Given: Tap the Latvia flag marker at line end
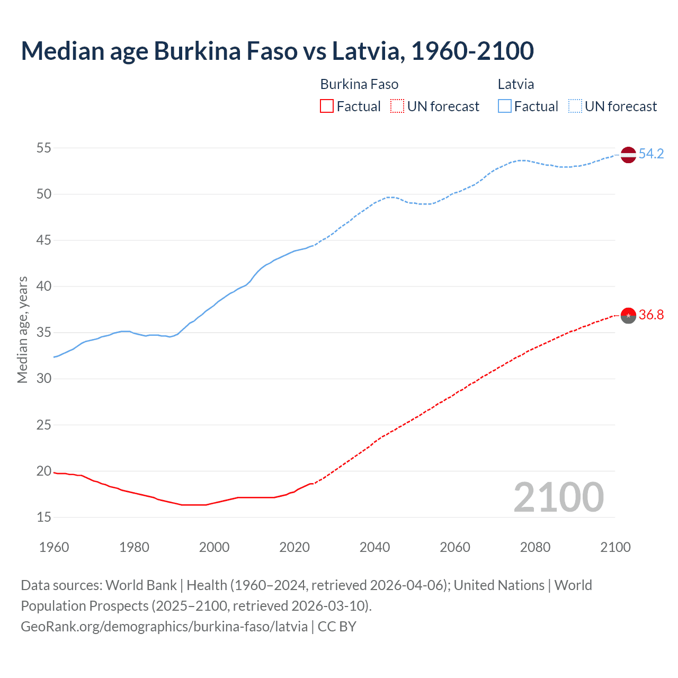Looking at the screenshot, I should pos(628,154).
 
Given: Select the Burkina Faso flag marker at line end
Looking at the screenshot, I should pos(628,315).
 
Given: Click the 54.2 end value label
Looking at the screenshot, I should pos(651,154).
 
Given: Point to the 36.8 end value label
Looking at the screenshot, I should pos(651,315).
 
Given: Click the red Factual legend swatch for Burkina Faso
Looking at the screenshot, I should pos(327,106).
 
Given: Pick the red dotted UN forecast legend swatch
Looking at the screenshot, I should pos(397,106).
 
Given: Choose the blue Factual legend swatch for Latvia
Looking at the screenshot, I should pos(504,106).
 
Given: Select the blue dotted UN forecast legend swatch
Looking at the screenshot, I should pos(575,106).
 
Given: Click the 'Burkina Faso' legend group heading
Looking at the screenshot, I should pos(359,84).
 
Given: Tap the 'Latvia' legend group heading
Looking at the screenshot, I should pos(515,84).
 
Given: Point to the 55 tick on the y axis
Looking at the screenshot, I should pos(44,148).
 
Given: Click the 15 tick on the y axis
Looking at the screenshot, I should pos(44,517).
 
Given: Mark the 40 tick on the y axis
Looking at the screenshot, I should pos(44,286).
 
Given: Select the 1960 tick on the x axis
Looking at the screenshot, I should pos(54,547).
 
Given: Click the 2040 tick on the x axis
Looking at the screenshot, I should pos(374,547).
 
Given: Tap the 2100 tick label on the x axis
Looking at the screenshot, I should pos(615,547).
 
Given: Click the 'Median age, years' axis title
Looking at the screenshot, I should pos(22,329).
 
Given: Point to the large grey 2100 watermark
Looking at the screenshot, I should pos(558,497).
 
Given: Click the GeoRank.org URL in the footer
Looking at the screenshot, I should pos(164,627).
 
